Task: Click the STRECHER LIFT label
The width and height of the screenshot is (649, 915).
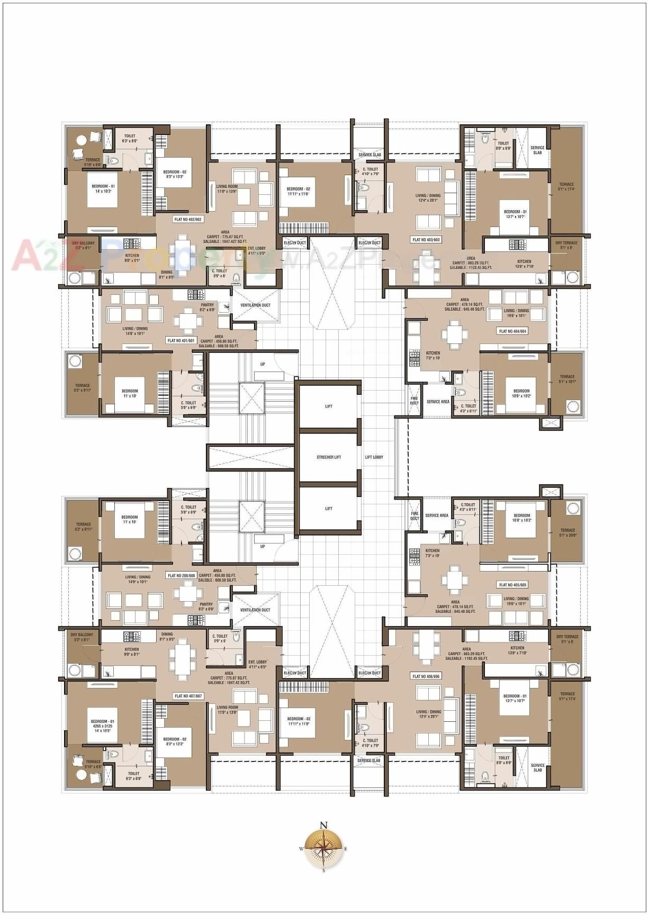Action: click(329, 457)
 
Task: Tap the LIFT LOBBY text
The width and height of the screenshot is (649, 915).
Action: click(374, 457)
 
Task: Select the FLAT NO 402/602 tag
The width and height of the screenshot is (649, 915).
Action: click(188, 219)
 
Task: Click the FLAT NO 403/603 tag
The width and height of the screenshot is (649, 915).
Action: click(426, 240)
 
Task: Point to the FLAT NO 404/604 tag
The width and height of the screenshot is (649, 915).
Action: click(512, 331)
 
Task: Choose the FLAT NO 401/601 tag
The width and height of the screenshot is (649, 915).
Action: click(181, 341)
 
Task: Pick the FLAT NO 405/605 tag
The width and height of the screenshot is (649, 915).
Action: click(512, 585)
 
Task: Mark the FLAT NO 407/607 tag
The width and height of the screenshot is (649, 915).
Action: click(188, 696)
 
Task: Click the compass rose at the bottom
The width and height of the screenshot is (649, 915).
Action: click(324, 848)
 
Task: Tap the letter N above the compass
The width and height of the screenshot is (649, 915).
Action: click(324, 825)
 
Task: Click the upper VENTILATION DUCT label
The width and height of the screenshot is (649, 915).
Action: click(255, 305)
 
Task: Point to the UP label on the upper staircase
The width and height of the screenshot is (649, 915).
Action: click(263, 365)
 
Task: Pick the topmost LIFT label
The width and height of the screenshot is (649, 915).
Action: click(329, 406)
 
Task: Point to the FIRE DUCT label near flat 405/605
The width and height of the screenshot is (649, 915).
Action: click(414, 515)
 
